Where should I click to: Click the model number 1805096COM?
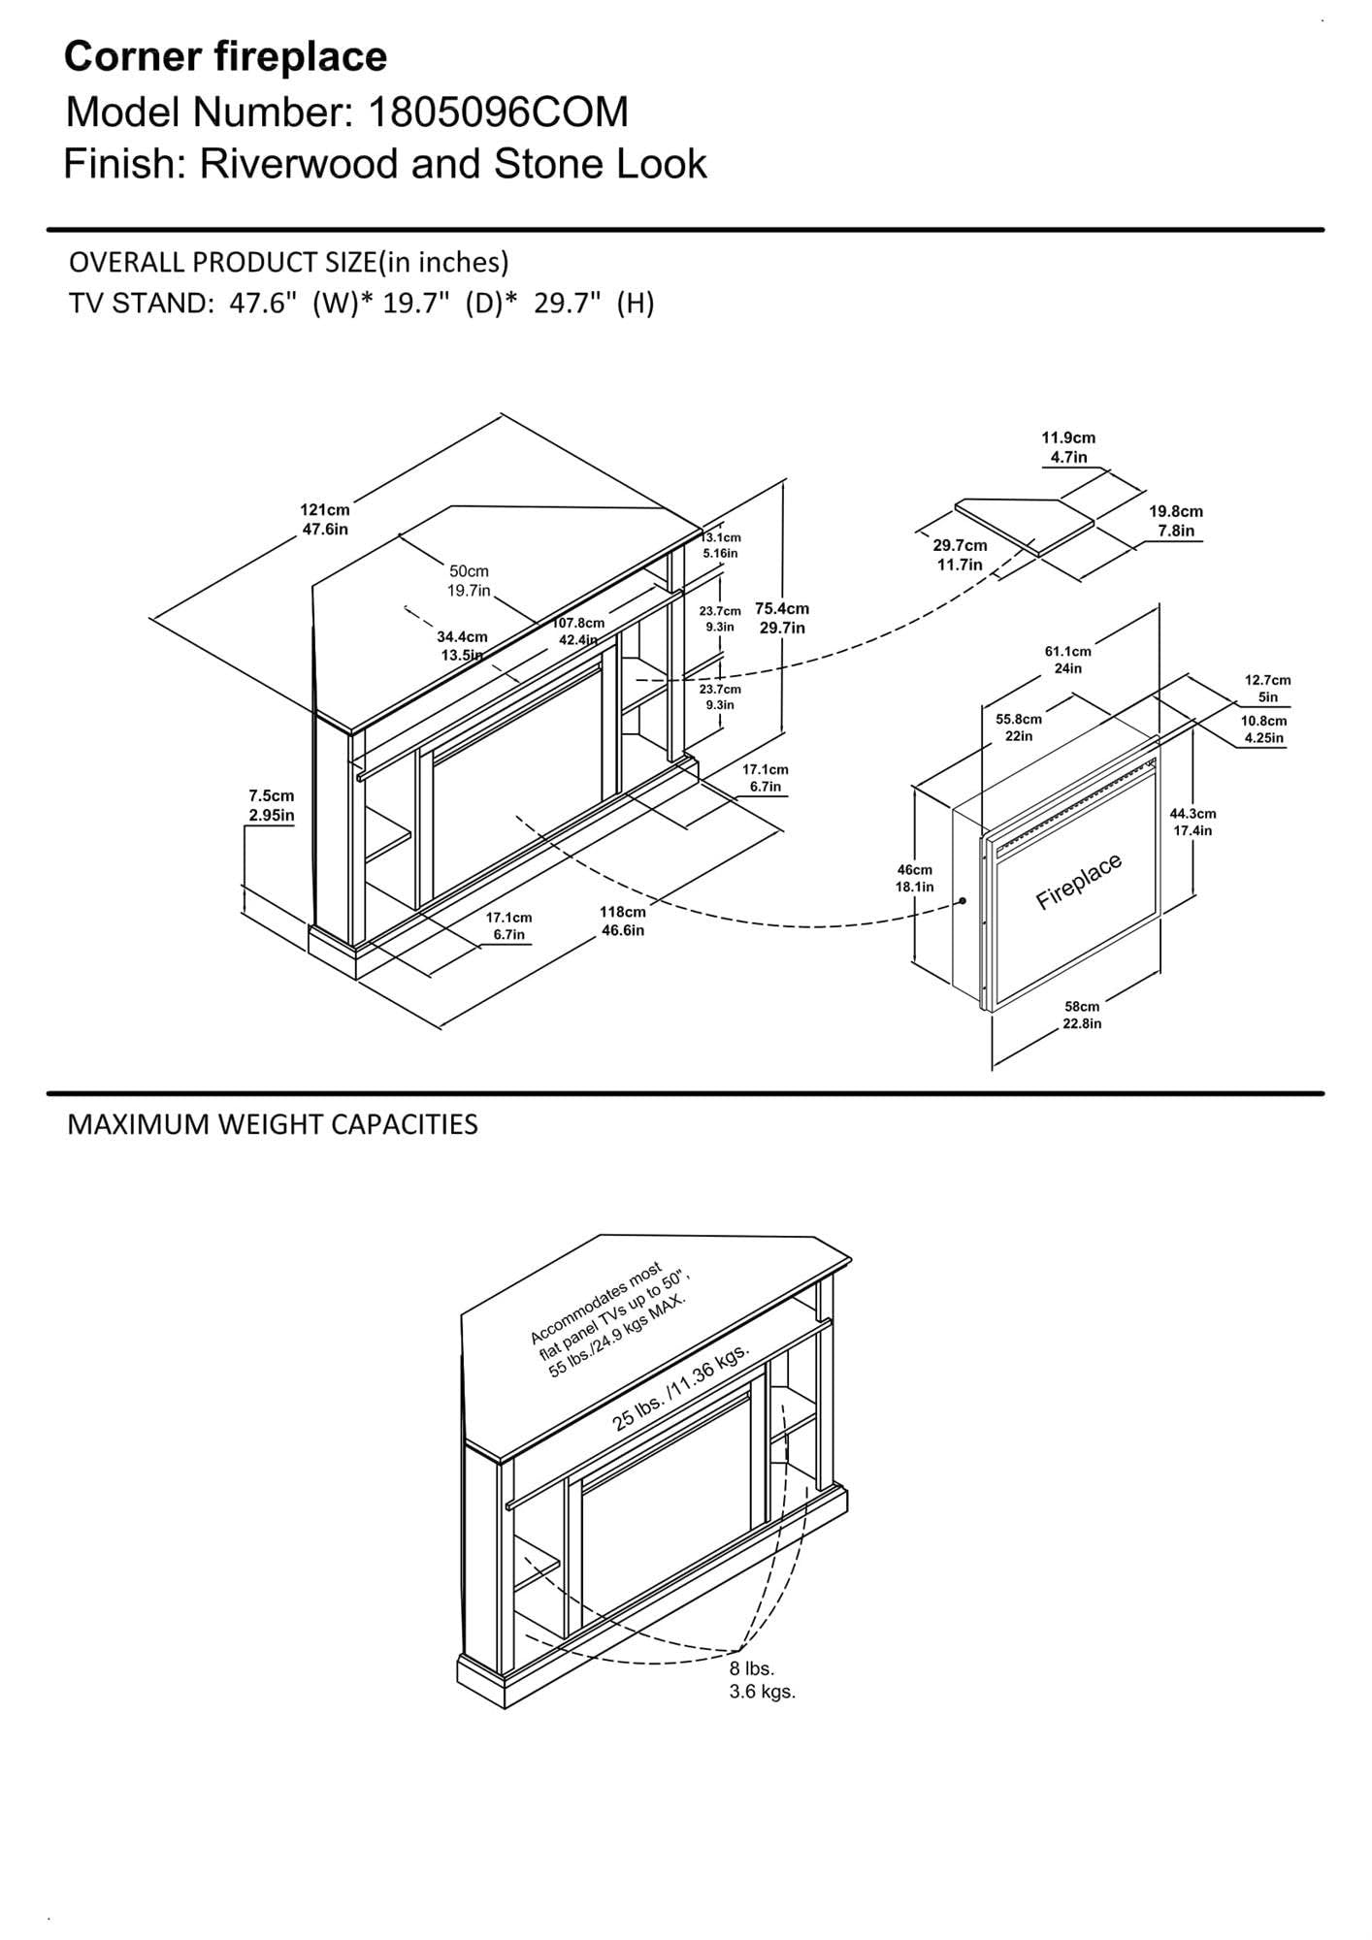pyautogui.click(x=497, y=113)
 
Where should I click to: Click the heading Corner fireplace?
pyautogui.click(x=225, y=57)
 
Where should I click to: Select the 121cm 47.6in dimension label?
pyautogui.click(x=324, y=519)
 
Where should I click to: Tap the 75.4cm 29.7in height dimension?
pyautogui.click(x=782, y=618)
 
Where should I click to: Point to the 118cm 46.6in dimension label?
pyautogui.click(x=622, y=921)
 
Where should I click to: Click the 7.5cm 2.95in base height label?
pyautogui.click(x=271, y=805)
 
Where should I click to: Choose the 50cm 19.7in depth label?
pyautogui.click(x=469, y=581)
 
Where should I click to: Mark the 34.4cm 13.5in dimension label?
pyautogui.click(x=462, y=645)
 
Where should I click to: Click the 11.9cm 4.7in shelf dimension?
pyautogui.click(x=1068, y=447)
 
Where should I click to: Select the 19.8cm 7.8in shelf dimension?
pyautogui.click(x=1176, y=521)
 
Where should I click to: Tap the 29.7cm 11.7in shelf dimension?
pyautogui.click(x=960, y=555)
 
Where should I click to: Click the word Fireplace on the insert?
pyautogui.click(x=1079, y=882)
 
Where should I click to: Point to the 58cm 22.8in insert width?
pyautogui.click(x=1082, y=1015)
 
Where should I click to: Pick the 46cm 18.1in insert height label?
pyautogui.click(x=914, y=878)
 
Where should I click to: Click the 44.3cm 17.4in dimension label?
pyautogui.click(x=1192, y=822)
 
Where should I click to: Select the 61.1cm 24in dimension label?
pyautogui.click(x=1067, y=660)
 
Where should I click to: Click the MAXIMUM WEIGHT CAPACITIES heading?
pyautogui.click(x=273, y=1125)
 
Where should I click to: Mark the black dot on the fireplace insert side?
pyautogui.click(x=963, y=901)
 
